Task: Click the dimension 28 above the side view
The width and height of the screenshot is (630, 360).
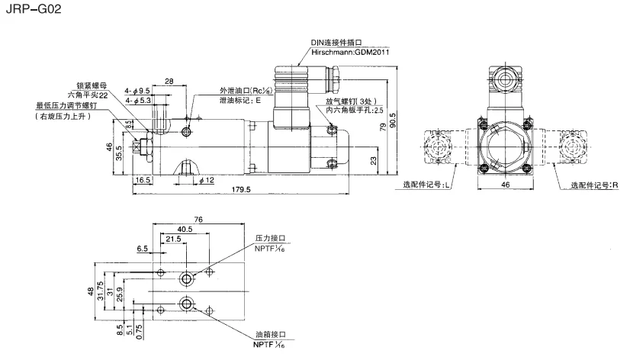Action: (169, 80)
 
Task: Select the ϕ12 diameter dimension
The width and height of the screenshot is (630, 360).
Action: (206, 181)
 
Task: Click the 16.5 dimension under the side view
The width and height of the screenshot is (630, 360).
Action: (143, 181)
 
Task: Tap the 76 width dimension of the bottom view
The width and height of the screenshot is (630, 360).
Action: (198, 220)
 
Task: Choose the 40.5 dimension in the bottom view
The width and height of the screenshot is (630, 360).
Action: (184, 229)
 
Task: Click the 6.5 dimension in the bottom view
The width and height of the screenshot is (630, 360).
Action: (143, 249)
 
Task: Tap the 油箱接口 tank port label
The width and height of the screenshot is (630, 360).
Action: (270, 336)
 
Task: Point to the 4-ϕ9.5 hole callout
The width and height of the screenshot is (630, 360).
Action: (135, 91)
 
